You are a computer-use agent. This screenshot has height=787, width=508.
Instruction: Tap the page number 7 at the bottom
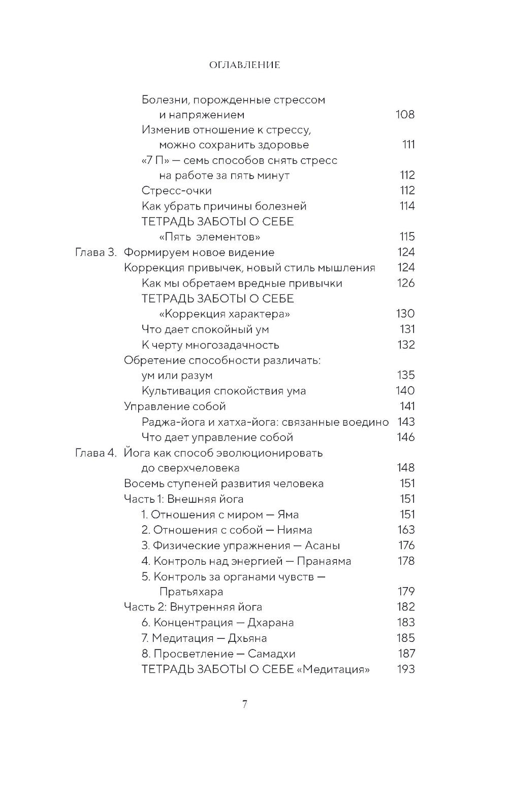tap(244, 704)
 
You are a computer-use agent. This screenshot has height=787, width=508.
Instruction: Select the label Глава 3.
tap(96, 252)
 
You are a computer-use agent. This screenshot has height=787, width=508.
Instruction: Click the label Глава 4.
tap(96, 453)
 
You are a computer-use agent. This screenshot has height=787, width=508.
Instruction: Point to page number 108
tap(405, 114)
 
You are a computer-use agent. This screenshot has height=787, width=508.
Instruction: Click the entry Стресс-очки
tap(177, 191)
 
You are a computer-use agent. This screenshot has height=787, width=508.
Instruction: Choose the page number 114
tap(405, 206)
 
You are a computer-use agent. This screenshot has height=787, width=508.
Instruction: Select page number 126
tap(405, 283)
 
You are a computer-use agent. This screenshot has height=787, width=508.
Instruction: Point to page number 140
tap(405, 391)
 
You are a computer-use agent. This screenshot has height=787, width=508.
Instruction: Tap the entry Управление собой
tap(175, 406)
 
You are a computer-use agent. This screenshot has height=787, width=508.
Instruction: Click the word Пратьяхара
tap(192, 592)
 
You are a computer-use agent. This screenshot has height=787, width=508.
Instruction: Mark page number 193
tap(405, 669)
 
